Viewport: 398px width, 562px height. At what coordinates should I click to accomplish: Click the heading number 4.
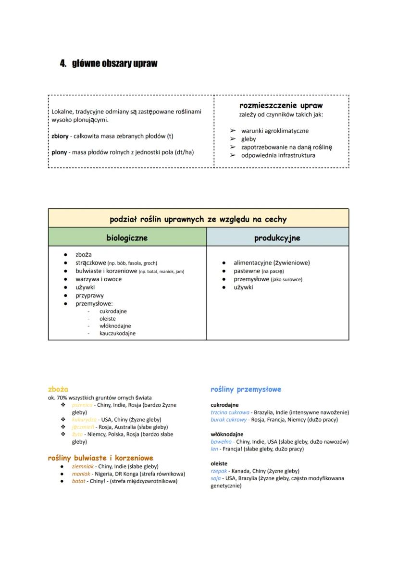62,63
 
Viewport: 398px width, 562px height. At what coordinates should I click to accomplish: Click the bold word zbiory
60,136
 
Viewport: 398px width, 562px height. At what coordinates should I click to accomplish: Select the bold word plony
59,152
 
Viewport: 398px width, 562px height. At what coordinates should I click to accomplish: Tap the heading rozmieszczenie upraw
281,105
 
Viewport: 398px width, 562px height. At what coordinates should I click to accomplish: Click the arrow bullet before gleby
233,139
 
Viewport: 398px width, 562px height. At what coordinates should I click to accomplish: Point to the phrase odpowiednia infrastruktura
278,155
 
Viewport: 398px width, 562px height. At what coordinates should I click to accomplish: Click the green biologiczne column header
127,237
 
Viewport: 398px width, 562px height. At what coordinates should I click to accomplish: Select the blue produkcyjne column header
277,237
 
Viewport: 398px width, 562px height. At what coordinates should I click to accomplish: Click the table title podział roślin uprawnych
198,219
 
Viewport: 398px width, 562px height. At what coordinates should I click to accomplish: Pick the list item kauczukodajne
117,333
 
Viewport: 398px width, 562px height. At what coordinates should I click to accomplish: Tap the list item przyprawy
89,296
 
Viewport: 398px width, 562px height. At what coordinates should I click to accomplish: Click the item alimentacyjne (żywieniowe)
272,263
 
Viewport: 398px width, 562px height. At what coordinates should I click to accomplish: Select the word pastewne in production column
247,271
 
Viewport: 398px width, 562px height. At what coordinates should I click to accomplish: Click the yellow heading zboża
58,389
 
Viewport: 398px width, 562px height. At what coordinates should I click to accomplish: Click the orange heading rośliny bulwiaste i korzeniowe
100,458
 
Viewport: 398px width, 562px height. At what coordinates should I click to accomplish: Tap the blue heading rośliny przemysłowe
246,389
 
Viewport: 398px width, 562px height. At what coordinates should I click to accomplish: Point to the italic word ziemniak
83,466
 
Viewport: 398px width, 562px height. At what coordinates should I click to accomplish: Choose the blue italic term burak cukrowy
229,420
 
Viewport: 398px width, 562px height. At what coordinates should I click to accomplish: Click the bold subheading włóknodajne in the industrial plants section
227,435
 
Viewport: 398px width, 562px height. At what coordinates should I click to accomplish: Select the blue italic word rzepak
219,471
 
